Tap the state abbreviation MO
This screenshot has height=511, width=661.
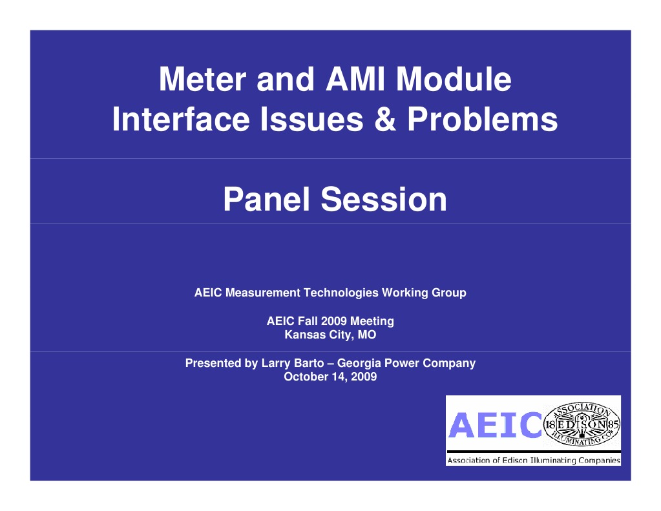(x=367, y=335)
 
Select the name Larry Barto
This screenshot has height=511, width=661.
(x=292, y=363)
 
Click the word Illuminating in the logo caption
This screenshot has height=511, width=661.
(x=548, y=461)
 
